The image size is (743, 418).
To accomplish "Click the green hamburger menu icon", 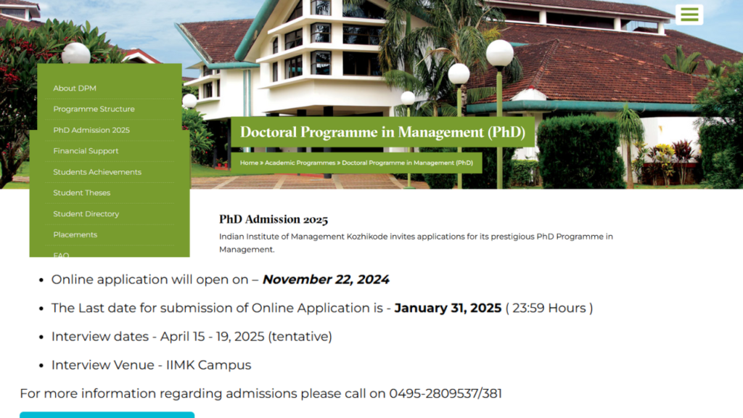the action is [x=689, y=15].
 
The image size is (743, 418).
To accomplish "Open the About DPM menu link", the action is [x=75, y=88].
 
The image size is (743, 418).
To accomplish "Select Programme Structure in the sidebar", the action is [x=94, y=109].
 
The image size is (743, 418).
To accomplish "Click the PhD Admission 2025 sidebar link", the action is [x=91, y=130].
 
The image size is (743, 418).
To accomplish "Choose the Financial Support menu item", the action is [x=86, y=151].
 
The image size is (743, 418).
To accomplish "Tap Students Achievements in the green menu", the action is [x=97, y=172].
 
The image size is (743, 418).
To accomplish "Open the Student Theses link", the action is [x=81, y=193].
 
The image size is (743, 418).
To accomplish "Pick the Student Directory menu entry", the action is [x=86, y=214].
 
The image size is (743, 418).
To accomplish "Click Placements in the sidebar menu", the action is [x=75, y=234].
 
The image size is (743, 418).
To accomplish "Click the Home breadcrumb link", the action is [x=249, y=163].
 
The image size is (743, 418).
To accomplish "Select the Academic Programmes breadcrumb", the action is [x=300, y=163].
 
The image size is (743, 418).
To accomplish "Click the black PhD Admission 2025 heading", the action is [x=274, y=219].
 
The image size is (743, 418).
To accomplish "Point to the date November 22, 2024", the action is [x=326, y=279].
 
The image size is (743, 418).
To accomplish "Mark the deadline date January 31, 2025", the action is [x=448, y=308].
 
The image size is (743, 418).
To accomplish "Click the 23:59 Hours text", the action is [x=549, y=308].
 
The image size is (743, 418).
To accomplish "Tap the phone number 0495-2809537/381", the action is [x=446, y=393].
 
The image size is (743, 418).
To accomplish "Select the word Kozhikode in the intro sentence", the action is [x=367, y=237].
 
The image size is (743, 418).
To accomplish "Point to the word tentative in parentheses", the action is [x=300, y=337].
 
